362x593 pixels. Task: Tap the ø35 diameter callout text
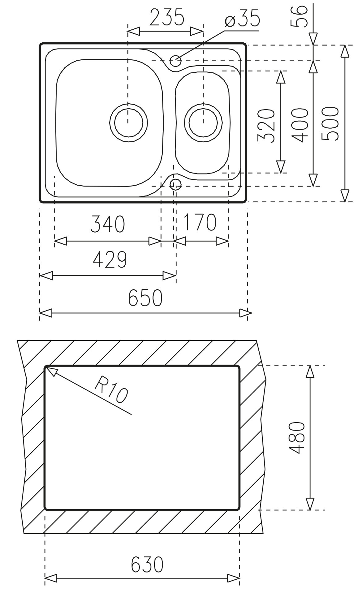243,19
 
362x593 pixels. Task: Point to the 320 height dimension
266,126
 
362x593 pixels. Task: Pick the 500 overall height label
330,124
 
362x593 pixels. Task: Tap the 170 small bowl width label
200,222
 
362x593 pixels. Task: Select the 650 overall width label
145,297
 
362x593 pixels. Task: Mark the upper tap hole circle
175,60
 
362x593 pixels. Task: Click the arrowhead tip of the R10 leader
47,367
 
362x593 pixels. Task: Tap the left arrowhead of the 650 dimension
41,313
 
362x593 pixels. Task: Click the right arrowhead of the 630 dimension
238,578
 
